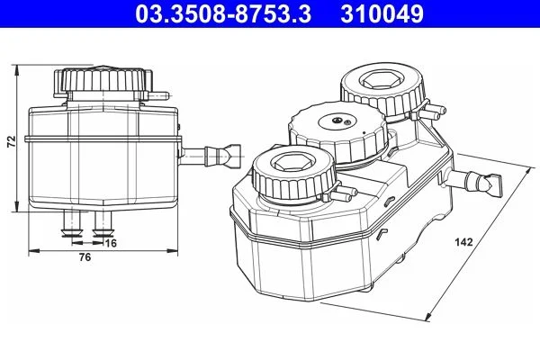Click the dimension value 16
[x=111, y=243]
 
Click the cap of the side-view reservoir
[x=105, y=84]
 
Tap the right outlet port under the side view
[x=100, y=224]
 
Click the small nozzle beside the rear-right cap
[x=431, y=112]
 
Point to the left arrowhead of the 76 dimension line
[x=33, y=247]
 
